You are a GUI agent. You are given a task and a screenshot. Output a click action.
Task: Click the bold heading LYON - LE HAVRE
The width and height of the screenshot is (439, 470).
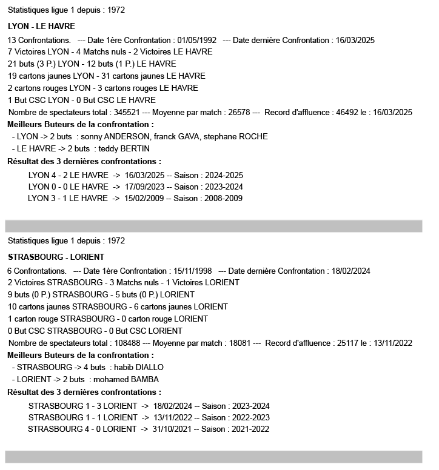point(41,26)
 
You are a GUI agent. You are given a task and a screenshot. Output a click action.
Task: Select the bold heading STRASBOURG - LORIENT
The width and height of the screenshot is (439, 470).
point(56,257)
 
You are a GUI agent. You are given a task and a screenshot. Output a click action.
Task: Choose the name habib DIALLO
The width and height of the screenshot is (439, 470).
point(138,367)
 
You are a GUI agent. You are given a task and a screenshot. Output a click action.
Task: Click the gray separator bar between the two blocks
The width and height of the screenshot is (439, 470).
point(213,227)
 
